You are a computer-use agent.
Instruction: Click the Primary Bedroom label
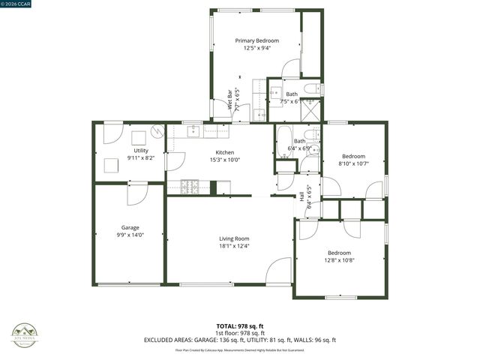256,40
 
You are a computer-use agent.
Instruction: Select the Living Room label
234,238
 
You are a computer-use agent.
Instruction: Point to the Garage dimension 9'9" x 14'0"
130,235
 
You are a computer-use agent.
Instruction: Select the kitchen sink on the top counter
193,131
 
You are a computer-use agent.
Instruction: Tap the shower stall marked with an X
310,110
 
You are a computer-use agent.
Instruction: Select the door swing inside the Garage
137,193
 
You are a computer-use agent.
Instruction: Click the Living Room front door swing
279,270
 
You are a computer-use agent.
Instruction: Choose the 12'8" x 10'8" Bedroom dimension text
339,261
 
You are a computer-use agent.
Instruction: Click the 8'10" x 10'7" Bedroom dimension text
352,163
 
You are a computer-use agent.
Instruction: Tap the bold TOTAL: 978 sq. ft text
239,326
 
